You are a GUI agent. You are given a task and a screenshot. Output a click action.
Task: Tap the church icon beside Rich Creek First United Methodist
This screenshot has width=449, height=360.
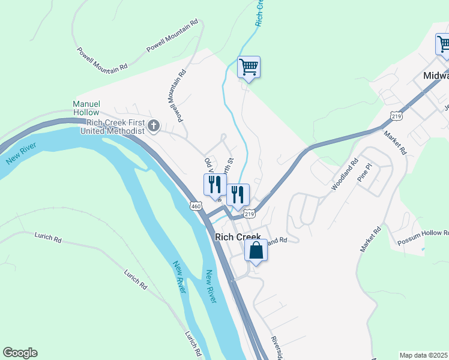(x=154, y=126)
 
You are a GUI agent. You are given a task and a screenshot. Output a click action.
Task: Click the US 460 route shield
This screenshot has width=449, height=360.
(x=196, y=206)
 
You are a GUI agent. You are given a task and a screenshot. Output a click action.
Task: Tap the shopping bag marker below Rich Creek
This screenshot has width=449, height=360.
(x=256, y=251)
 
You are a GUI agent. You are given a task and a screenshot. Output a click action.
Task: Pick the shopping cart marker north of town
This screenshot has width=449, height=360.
(x=249, y=67)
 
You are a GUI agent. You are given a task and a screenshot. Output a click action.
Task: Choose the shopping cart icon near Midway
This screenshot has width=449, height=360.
(x=443, y=44)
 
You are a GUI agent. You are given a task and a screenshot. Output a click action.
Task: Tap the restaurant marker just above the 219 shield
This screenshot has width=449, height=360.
(x=238, y=194)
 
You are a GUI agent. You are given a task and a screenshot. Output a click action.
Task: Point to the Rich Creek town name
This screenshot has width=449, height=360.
(x=238, y=237)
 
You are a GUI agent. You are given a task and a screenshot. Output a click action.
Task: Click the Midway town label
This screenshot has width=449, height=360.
(x=436, y=76)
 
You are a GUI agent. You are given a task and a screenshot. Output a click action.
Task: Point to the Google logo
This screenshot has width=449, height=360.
(x=20, y=353)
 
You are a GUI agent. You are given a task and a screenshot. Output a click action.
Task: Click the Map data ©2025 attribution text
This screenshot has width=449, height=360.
(x=423, y=355)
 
